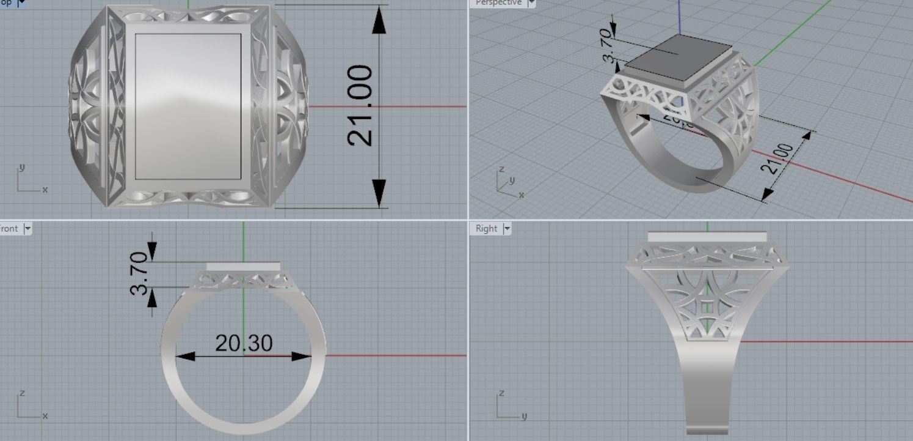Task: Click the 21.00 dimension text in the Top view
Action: [360, 106]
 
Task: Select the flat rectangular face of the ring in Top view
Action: [188, 106]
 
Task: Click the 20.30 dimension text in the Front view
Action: [244, 343]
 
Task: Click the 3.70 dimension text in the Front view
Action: [139, 273]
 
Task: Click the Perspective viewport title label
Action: [498, 2]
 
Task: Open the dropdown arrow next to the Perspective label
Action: [531, 2]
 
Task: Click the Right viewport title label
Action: [486, 228]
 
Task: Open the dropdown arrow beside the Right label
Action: [506, 228]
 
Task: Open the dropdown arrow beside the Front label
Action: [27, 228]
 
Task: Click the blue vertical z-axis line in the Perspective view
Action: [679, 15]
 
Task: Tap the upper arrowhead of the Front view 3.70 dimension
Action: [151, 251]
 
